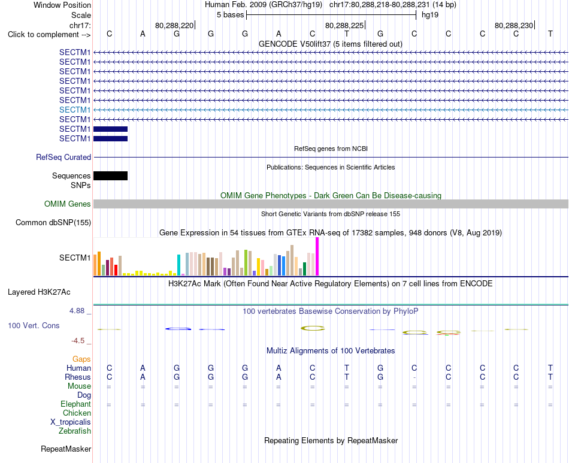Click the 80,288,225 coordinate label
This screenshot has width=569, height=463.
(x=344, y=25)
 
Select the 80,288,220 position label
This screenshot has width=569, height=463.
(x=174, y=25)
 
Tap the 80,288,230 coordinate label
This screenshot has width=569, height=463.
(x=514, y=25)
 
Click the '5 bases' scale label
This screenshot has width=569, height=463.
(x=231, y=15)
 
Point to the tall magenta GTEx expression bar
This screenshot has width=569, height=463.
(x=317, y=256)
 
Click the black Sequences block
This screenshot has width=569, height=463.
(x=110, y=175)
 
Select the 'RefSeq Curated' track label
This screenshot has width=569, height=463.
(x=63, y=157)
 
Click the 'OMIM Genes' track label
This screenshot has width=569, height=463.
(x=68, y=204)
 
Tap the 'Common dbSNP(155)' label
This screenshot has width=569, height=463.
(x=53, y=222)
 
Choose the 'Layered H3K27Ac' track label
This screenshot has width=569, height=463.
(x=39, y=292)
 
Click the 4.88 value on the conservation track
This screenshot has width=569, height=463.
(x=77, y=311)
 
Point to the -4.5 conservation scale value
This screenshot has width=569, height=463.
(x=78, y=341)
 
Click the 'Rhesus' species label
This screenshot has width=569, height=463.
(x=78, y=377)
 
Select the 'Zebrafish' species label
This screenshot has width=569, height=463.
(x=75, y=431)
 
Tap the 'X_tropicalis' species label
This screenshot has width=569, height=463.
(x=71, y=422)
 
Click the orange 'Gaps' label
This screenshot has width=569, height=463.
(x=81, y=359)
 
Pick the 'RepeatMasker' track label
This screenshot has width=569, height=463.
(x=66, y=449)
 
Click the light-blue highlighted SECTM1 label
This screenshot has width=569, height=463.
(x=75, y=110)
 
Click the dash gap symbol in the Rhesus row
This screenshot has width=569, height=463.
(x=414, y=377)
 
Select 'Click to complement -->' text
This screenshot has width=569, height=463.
(x=49, y=35)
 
